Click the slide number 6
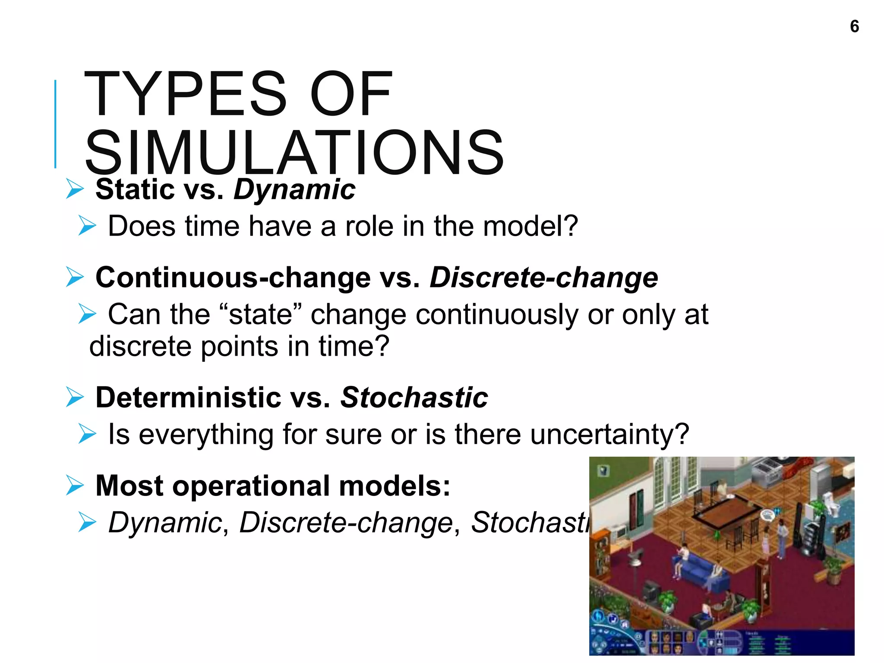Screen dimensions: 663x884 click(x=854, y=27)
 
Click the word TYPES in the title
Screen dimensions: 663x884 click(x=185, y=94)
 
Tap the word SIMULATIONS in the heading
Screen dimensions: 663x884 click(x=295, y=153)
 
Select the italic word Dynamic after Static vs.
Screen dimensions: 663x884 click(x=294, y=190)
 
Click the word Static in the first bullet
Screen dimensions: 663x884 click(x=135, y=190)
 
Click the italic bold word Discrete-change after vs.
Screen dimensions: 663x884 click(x=544, y=277)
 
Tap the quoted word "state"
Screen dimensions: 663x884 click(x=260, y=314)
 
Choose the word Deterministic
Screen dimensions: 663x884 click(x=188, y=397)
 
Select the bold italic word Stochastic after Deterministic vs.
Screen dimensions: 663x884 click(x=414, y=397)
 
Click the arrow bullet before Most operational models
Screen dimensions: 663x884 click(x=75, y=486)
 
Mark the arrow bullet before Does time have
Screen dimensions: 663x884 click(x=87, y=226)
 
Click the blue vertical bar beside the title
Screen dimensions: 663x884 click(x=55, y=124)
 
